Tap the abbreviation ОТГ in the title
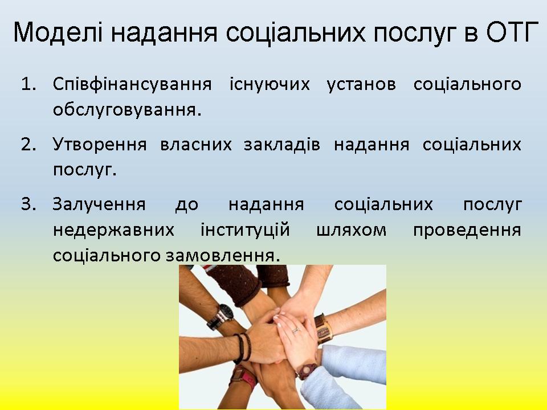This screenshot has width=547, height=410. pos(512,32)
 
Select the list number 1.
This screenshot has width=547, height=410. pos(28,84)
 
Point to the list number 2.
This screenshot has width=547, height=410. pos(28,144)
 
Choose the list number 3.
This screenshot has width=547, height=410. pos(28,204)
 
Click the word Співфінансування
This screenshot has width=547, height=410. pos(132,85)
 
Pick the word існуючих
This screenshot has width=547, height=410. pos(270,85)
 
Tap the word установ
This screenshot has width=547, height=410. pos(361,85)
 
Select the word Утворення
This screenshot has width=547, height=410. pos(100,144)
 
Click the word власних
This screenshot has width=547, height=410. pos(195,145)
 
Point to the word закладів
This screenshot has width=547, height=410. pos(281,145)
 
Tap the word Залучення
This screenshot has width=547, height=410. pos(99,204)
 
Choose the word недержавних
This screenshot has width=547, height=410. pos(113,231)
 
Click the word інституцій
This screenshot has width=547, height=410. pos(245,231)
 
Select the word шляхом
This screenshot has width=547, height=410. pos(352,231)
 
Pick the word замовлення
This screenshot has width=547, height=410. pos(223,256)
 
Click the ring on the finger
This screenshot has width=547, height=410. pos(296,330)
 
